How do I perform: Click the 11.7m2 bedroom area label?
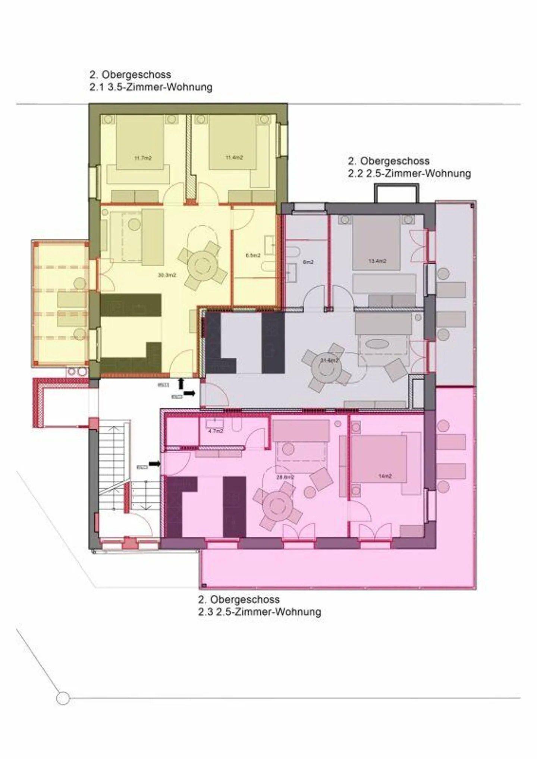tap(143, 158)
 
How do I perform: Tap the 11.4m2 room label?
tap(234, 157)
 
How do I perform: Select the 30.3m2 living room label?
tap(167, 275)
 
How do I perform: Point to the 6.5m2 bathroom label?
tap(253, 255)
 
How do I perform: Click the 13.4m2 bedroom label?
tap(377, 261)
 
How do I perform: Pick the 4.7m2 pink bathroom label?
tap(216, 431)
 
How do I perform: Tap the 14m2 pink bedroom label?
tap(385, 476)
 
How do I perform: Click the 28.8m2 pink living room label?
tap(285, 477)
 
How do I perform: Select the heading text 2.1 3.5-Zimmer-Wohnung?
tap(151, 87)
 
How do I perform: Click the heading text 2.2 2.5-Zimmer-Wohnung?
tap(409, 173)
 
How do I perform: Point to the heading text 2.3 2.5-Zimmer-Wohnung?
tap(260, 612)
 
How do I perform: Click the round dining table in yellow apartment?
tap(202, 266)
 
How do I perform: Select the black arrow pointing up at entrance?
tap(181, 383)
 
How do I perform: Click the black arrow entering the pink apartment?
tap(154, 464)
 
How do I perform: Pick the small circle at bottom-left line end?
tap(63, 698)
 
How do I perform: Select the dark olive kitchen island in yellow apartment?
tap(131, 305)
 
